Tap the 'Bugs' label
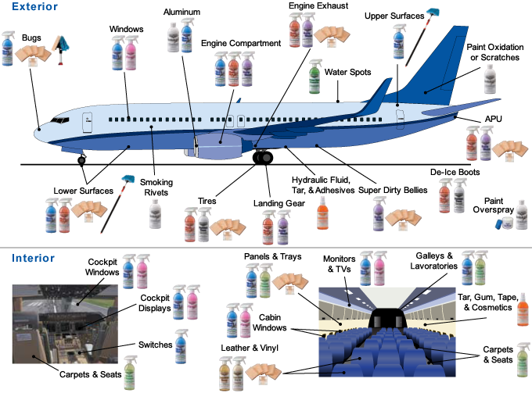(x=32, y=37)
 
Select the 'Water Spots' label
(x=347, y=72)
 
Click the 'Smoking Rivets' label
(x=156, y=188)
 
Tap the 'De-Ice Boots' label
(x=454, y=172)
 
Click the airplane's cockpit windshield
(x=59, y=120)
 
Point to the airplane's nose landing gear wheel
(x=82, y=160)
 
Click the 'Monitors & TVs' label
(x=339, y=264)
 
